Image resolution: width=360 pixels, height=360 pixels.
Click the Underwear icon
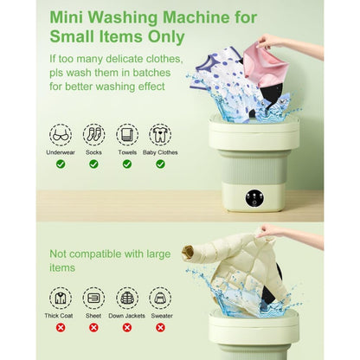(x=61, y=134)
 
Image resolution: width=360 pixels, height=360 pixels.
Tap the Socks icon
(x=93, y=134)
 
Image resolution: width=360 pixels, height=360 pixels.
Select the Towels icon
(x=127, y=134)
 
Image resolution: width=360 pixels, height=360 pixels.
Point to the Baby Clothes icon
(x=160, y=134)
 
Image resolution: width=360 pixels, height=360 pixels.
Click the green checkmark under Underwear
(x=61, y=164)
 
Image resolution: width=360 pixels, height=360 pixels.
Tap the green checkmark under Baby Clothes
(x=160, y=164)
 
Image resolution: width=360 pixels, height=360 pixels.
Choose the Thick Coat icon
(x=61, y=298)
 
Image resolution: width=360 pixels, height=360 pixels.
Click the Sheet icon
(x=93, y=298)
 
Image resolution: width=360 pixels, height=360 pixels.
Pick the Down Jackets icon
(x=127, y=298)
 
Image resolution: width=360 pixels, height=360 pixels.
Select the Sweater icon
(x=160, y=298)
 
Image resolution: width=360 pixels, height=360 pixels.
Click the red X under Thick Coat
(x=61, y=327)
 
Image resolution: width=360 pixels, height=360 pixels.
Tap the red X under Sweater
(x=160, y=327)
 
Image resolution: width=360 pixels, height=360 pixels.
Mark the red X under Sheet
(x=93, y=327)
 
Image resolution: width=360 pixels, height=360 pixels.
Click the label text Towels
(x=127, y=151)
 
